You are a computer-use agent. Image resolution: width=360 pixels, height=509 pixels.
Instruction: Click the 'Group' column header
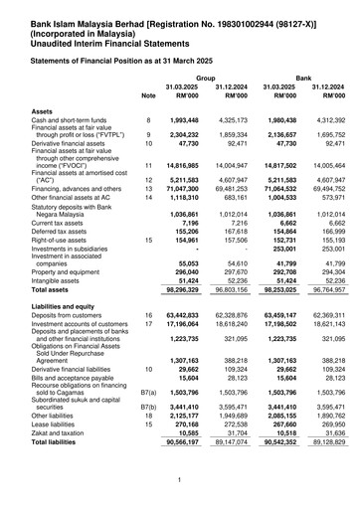click(x=206, y=76)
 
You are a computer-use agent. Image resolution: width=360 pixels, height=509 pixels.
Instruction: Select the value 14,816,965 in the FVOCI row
click(x=192, y=164)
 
